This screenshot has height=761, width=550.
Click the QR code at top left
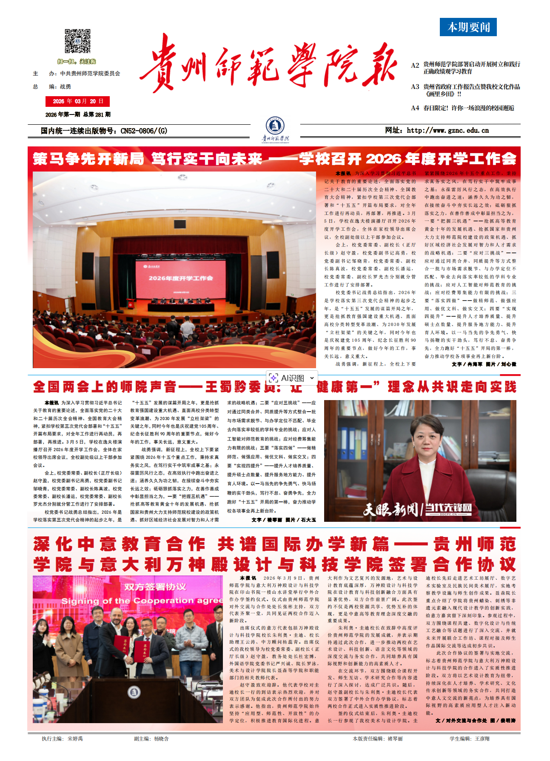(77, 42)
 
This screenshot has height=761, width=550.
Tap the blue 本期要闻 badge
(468, 27)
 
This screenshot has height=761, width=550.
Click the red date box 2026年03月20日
(77, 101)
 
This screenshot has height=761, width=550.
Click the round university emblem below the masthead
(275, 126)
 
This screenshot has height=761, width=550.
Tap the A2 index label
(415, 65)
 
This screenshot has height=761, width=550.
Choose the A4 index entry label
(415, 108)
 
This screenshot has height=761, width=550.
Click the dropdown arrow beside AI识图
(312, 378)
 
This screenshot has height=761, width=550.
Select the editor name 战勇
(66, 86)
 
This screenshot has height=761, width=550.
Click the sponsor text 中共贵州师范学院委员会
(90, 74)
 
